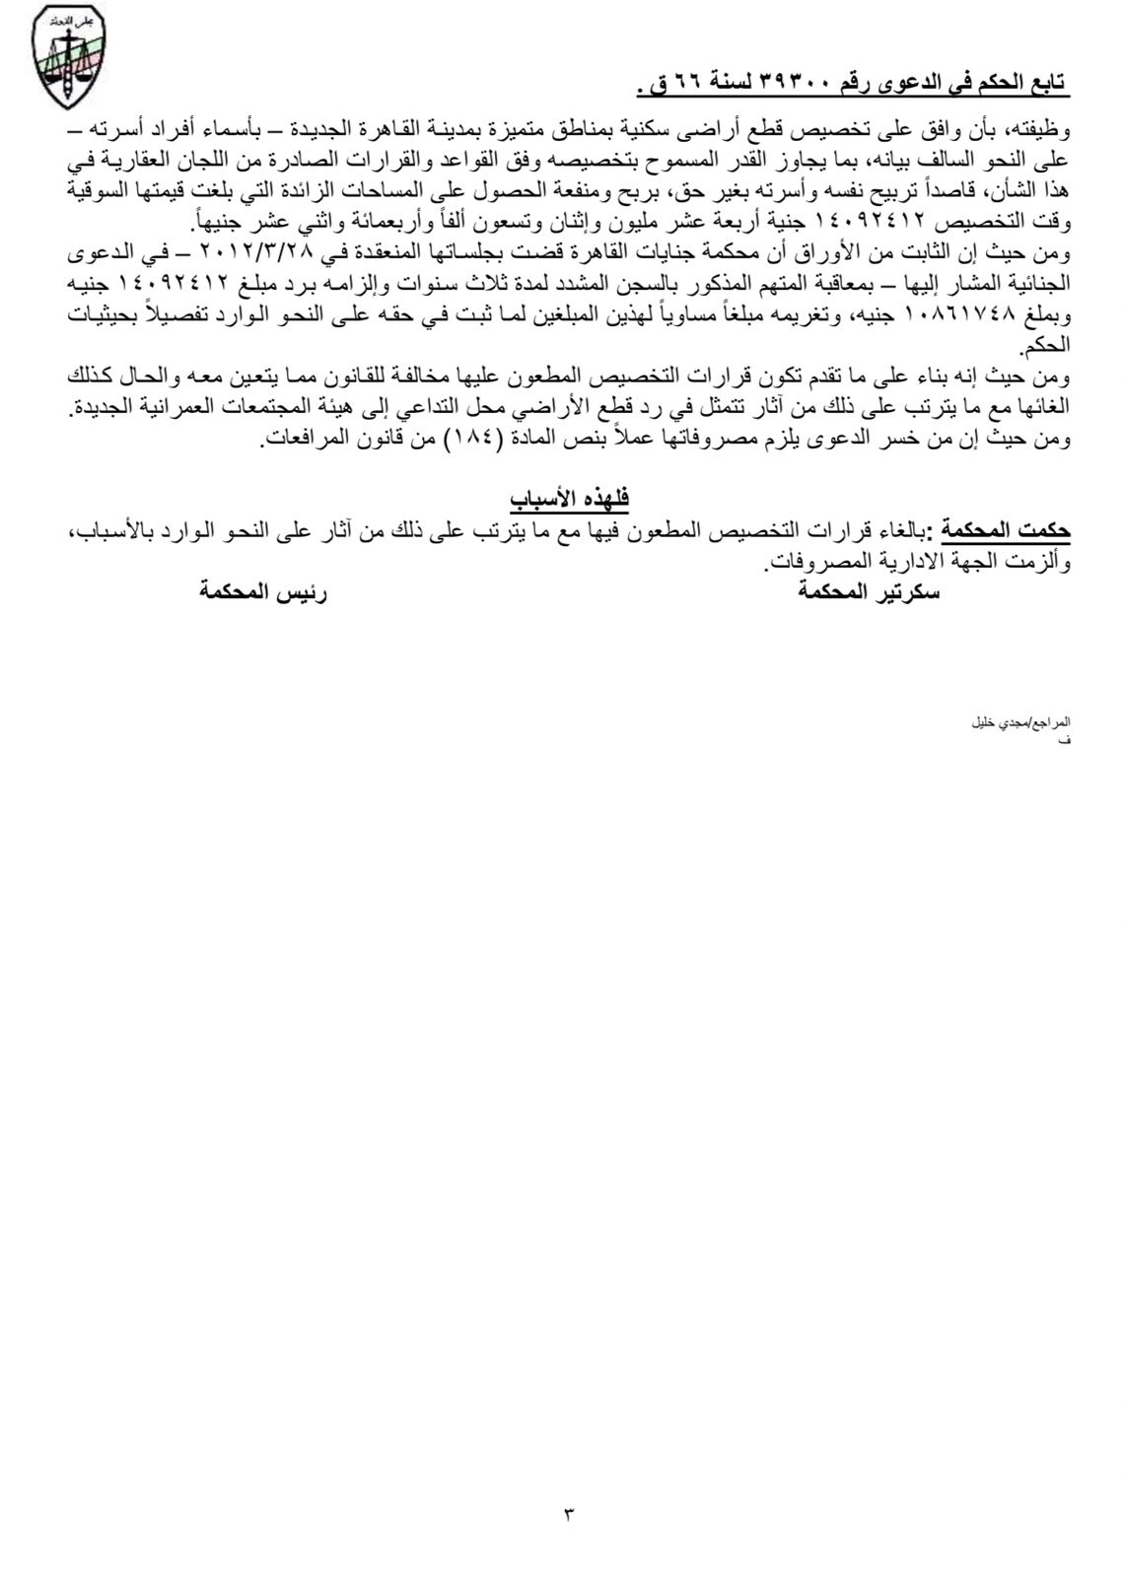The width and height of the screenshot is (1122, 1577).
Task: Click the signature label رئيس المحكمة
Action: [x=262, y=593]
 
